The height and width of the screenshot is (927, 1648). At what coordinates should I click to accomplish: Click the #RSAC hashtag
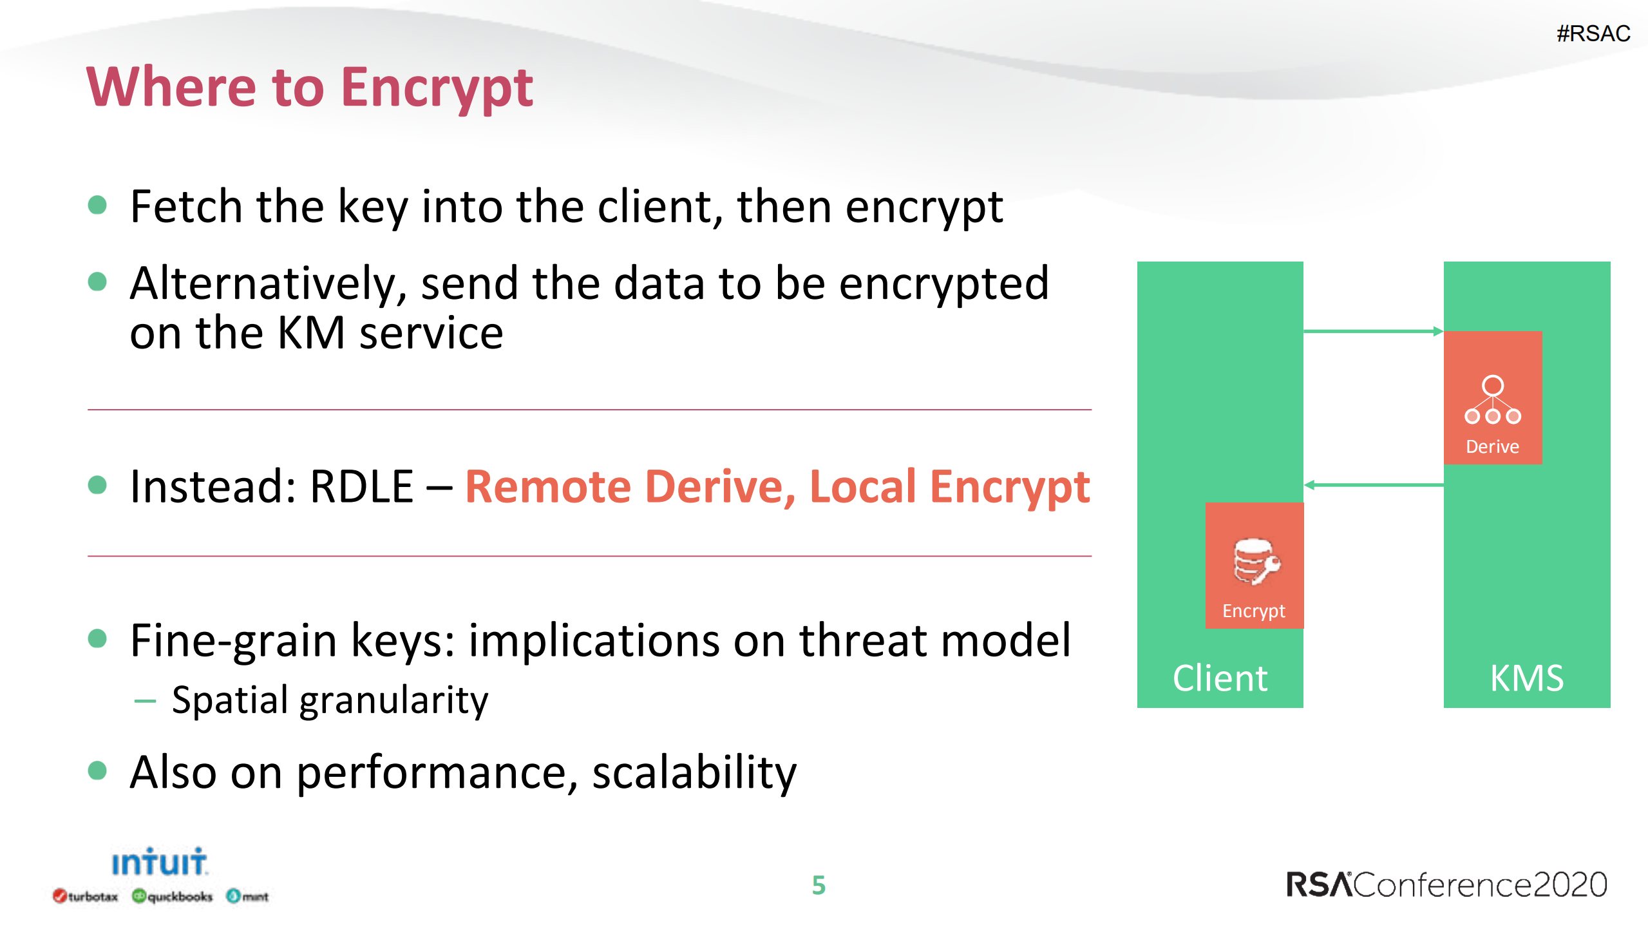point(1593,33)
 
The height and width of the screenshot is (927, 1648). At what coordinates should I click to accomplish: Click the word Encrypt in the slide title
point(437,88)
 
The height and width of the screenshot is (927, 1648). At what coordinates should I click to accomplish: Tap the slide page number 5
point(819,885)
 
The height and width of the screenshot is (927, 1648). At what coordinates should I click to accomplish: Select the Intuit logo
point(159,862)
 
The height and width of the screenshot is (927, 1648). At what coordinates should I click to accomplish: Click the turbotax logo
point(86,896)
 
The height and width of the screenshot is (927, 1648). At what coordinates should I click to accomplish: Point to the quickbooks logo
point(172,896)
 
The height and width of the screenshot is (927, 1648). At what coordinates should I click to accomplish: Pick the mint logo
point(247,896)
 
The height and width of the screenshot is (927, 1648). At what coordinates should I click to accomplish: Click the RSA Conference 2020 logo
point(1446,884)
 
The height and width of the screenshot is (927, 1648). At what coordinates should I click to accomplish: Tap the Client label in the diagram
point(1220,678)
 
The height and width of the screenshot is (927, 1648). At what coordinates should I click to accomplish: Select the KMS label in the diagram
point(1526,678)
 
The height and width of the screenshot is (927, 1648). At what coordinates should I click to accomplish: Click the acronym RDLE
point(361,486)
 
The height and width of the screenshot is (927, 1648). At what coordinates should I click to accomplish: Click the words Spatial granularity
point(330,700)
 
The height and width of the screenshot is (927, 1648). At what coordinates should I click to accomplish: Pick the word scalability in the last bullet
point(694,772)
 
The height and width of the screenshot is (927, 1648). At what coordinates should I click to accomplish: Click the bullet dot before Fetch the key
point(97,205)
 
